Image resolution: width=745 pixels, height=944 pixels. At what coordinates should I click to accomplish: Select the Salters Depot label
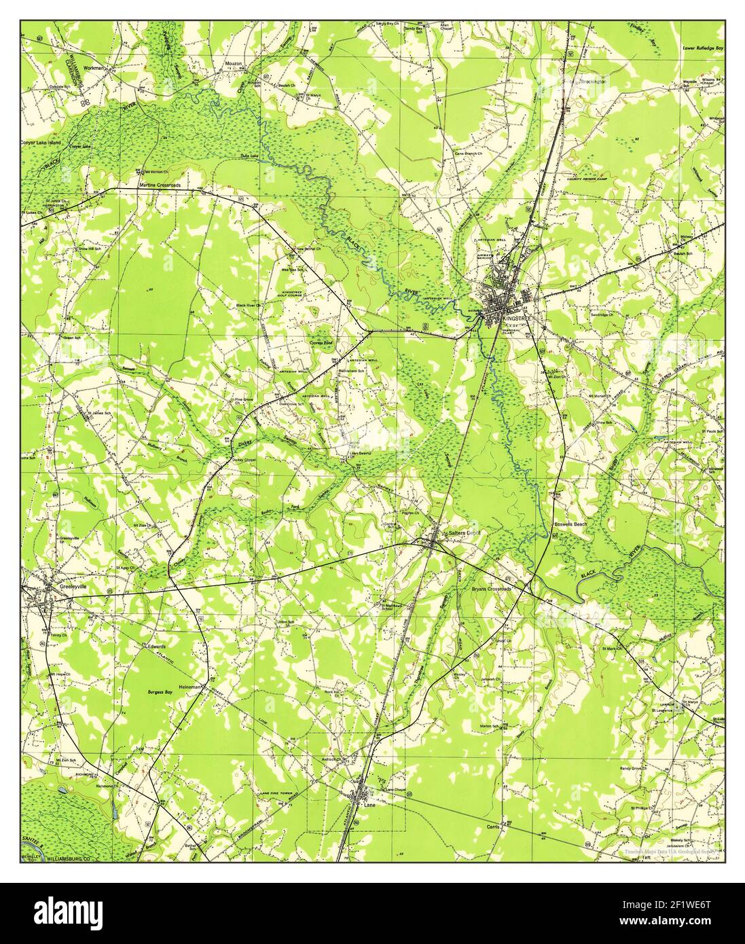click(464, 533)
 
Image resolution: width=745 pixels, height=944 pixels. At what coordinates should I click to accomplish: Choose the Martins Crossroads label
click(161, 185)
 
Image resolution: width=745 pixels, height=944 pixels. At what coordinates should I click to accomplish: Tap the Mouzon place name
click(234, 65)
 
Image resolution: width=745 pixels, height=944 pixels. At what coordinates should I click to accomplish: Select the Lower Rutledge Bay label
click(704, 49)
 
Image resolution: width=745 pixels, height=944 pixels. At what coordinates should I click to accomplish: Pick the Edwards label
click(153, 647)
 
